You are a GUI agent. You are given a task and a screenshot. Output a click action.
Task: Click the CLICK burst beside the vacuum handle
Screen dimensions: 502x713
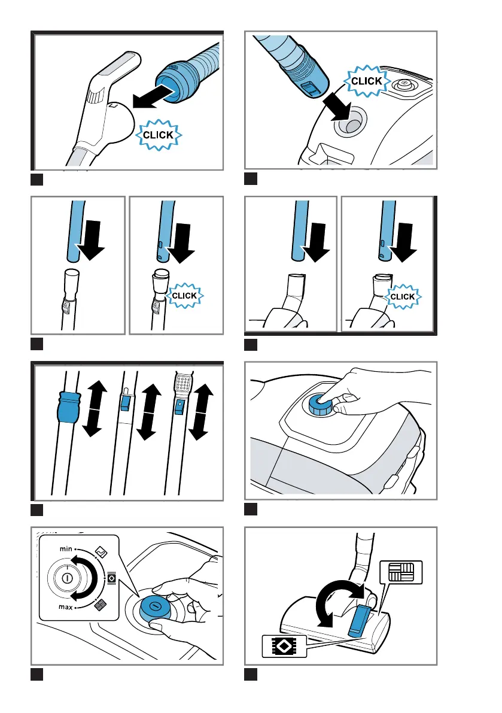pyautogui.click(x=159, y=135)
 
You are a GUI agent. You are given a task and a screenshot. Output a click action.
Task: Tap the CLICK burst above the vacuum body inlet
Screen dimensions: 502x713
pyautogui.click(x=366, y=81)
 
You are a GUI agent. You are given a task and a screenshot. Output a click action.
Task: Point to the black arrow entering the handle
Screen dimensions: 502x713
pyautogui.click(x=153, y=98)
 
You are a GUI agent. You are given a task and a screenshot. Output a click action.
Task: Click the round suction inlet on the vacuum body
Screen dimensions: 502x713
pyautogui.click(x=350, y=122)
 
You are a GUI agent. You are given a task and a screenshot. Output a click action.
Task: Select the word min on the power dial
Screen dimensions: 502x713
pyautogui.click(x=66, y=549)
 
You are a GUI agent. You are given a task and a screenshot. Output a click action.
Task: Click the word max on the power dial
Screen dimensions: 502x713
pyautogui.click(x=65, y=607)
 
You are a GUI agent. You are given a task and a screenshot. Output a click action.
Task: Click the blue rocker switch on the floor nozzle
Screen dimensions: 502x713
pyautogui.click(x=358, y=620)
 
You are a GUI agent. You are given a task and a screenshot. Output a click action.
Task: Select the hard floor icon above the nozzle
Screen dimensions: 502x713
pyautogui.click(x=401, y=572)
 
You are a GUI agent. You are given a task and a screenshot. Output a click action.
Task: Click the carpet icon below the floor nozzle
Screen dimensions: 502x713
pyautogui.click(x=284, y=646)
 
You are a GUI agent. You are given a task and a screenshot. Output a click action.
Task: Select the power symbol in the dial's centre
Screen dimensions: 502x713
pyautogui.click(x=66, y=578)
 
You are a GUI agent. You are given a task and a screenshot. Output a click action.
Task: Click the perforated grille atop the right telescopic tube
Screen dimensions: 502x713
pyautogui.click(x=183, y=383)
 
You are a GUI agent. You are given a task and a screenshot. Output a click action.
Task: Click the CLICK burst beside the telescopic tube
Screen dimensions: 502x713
pyautogui.click(x=184, y=296)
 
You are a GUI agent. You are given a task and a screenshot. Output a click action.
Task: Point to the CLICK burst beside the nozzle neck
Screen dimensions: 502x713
pyautogui.click(x=403, y=296)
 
